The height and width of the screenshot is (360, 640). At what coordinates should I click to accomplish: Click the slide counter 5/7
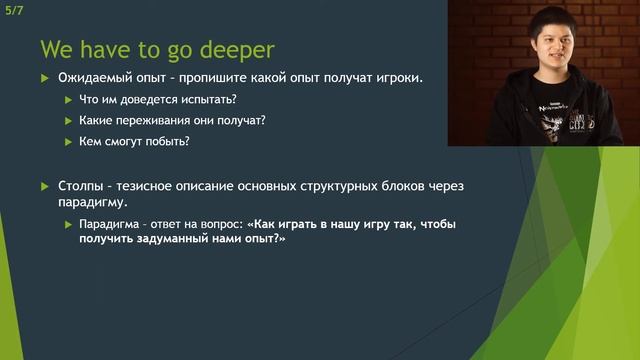pos(14,9)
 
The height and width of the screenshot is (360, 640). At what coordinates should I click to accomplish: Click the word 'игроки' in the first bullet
pos(393,78)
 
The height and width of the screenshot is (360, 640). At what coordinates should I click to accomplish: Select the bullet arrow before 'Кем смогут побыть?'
pos(67,142)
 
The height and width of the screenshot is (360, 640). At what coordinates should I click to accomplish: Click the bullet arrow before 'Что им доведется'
pos(67,100)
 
